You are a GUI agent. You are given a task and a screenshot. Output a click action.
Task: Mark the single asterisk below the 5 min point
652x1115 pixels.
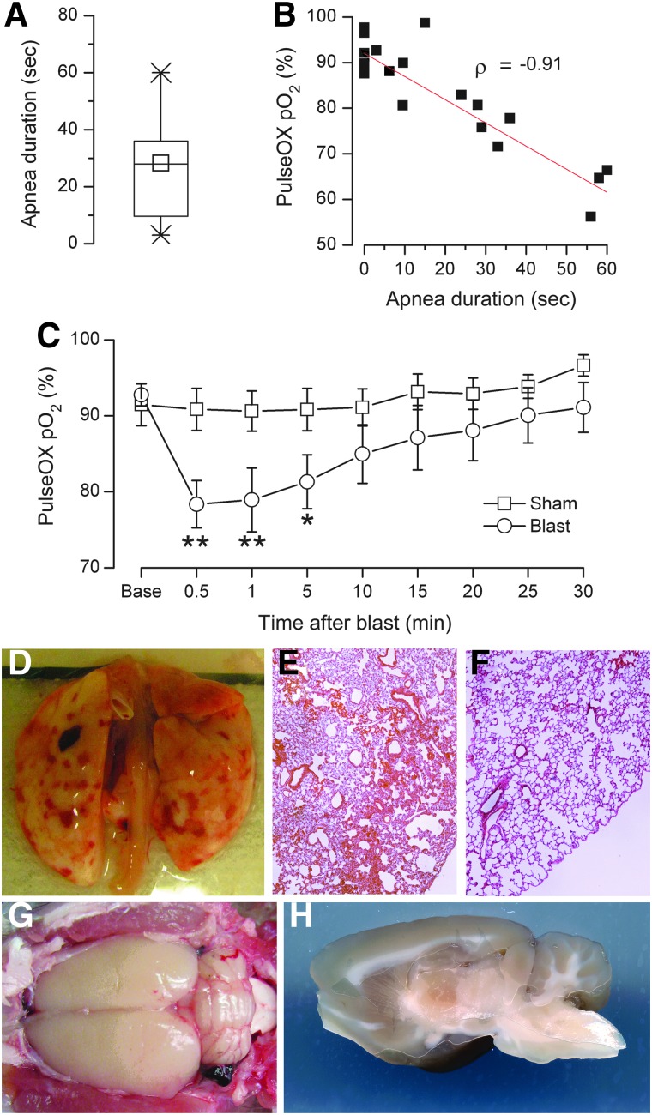[307, 545]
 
